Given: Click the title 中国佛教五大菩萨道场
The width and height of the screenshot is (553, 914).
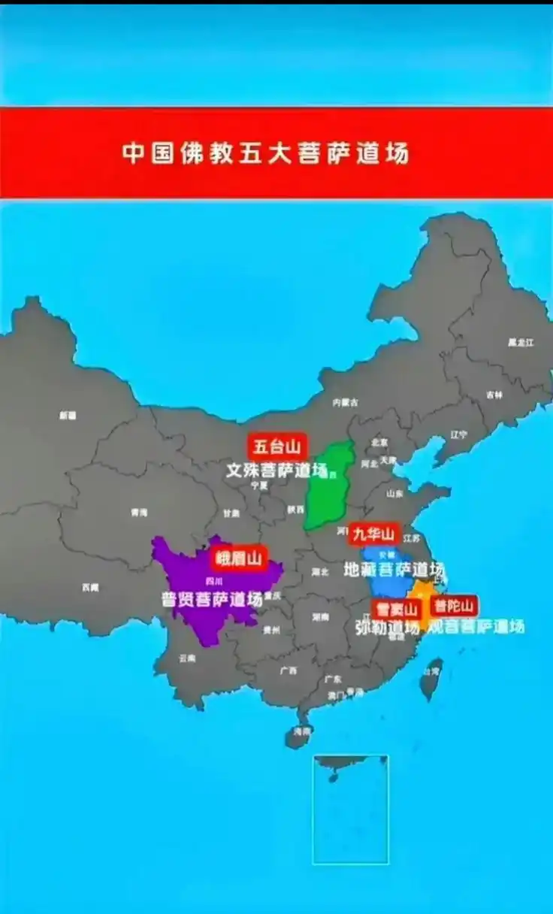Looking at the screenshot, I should pos(266,153).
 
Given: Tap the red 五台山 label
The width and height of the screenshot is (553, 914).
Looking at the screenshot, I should pos(276,447).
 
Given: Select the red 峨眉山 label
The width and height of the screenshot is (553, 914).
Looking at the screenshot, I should pos(238,558).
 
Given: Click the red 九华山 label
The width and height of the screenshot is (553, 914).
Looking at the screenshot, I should pos(373,534).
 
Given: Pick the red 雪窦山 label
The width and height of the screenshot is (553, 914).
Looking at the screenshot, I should pos(396,609).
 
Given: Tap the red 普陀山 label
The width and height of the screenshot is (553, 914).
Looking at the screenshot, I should pos(454,607).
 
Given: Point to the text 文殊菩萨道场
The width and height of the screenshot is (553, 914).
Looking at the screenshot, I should pos(277,471).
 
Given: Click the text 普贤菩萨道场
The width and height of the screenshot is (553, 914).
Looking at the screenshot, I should pos(212,600).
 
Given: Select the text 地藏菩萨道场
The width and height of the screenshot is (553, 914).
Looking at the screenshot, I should pos(394,569).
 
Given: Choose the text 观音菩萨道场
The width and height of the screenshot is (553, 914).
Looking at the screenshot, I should pos(476,626).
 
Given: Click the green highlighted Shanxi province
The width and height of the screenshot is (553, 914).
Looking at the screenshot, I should pos(329,487).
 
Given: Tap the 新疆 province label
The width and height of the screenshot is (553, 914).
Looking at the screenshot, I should pos(68,415).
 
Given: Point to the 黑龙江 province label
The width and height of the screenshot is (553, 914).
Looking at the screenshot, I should pos(520,343).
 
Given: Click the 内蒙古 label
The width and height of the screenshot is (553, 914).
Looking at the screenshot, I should pos(345,402).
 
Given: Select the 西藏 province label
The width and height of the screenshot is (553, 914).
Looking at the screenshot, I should pos(90,587).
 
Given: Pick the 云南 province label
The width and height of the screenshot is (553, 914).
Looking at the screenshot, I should pos(186,658).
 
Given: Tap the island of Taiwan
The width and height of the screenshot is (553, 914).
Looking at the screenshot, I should pos(431,678).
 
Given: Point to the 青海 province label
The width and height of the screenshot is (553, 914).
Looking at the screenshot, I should pos(138,513).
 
